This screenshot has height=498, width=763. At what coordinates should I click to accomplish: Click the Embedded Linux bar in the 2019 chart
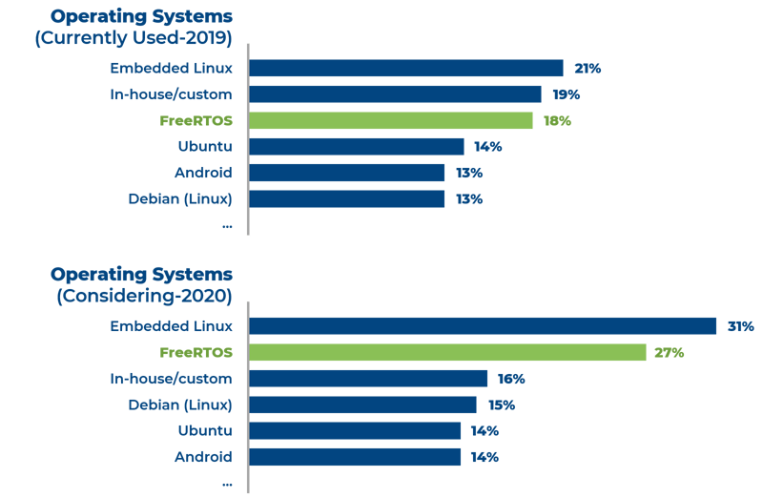[x=406, y=69]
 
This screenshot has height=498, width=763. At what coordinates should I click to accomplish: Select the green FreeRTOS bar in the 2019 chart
[x=391, y=120]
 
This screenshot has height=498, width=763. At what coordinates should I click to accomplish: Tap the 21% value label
[x=588, y=69]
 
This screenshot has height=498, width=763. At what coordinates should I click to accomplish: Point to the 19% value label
[x=566, y=94]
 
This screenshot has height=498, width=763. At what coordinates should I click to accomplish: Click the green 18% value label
[x=557, y=120]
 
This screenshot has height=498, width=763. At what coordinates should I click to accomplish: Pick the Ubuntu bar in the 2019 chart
[x=357, y=146]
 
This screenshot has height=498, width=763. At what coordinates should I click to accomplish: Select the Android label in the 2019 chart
[x=203, y=173]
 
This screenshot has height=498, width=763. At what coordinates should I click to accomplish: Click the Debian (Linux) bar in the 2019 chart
[x=347, y=198]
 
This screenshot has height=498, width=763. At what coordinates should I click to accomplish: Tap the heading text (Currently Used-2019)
[x=143, y=38]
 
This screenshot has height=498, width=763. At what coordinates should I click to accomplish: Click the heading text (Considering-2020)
[x=144, y=296]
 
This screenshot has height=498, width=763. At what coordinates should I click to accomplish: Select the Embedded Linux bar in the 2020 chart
[x=483, y=326]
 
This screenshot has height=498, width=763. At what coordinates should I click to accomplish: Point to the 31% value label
[x=740, y=326]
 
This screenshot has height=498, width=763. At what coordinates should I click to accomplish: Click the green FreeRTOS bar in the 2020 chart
[x=447, y=352]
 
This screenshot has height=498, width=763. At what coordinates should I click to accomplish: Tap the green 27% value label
[x=670, y=352]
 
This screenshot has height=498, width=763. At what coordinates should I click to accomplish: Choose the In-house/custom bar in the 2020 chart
[x=368, y=379]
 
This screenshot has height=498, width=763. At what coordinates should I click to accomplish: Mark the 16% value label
[x=511, y=379]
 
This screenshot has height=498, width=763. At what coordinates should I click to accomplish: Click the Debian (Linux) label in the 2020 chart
[x=180, y=405]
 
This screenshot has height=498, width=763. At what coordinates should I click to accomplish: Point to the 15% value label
[x=501, y=405]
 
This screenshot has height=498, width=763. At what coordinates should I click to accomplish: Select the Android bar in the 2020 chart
[x=355, y=457]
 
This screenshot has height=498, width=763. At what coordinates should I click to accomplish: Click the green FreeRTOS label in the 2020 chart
[x=196, y=353]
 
